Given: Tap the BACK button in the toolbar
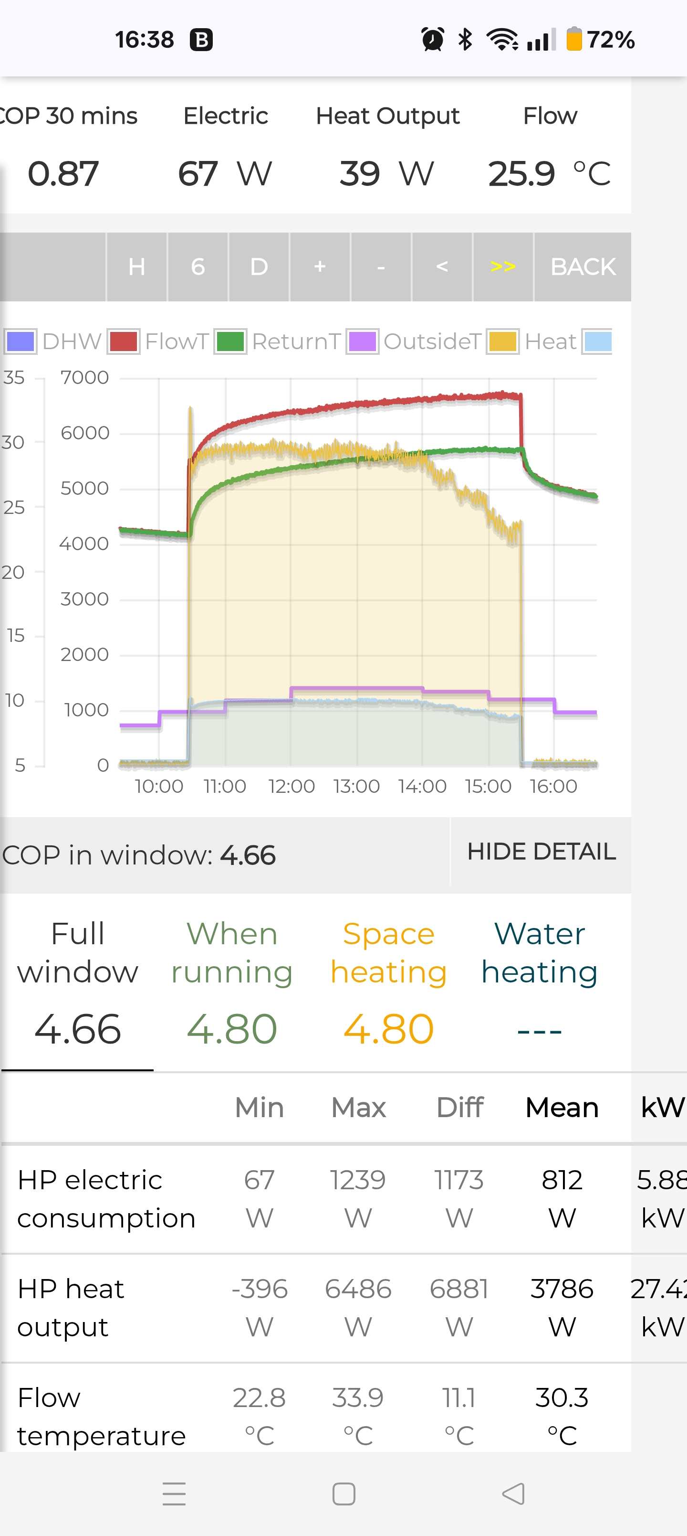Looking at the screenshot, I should pos(582,267).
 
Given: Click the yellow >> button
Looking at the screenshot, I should pos(502,267).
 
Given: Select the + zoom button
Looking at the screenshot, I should pos(319,267).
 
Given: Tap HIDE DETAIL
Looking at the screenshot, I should pos(541,852).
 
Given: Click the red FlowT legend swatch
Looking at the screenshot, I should pos(124,341).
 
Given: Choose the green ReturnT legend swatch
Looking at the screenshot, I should pos(230,341).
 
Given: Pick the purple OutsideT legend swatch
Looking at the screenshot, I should pos(362,341).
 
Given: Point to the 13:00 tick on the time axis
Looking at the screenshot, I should pos(356,786).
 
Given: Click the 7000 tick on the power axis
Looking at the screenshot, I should pos(84,377).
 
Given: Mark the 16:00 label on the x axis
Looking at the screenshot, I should pos(553,786).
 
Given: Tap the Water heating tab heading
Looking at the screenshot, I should pos(539,952).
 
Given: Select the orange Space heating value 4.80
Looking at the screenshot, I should pos(388,1029).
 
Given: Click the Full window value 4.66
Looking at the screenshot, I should pos(77,1029).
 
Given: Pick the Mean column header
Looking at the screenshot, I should pos(561,1107).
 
